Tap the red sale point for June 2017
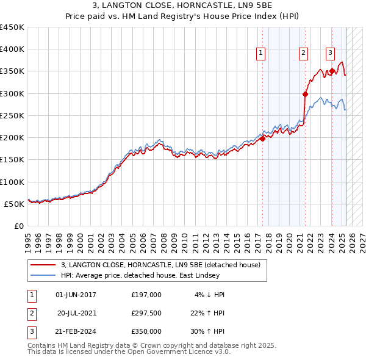[x=262, y=139]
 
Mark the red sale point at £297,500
[x=305, y=94]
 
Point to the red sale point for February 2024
[x=332, y=71]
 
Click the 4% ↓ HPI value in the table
[x=210, y=294]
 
